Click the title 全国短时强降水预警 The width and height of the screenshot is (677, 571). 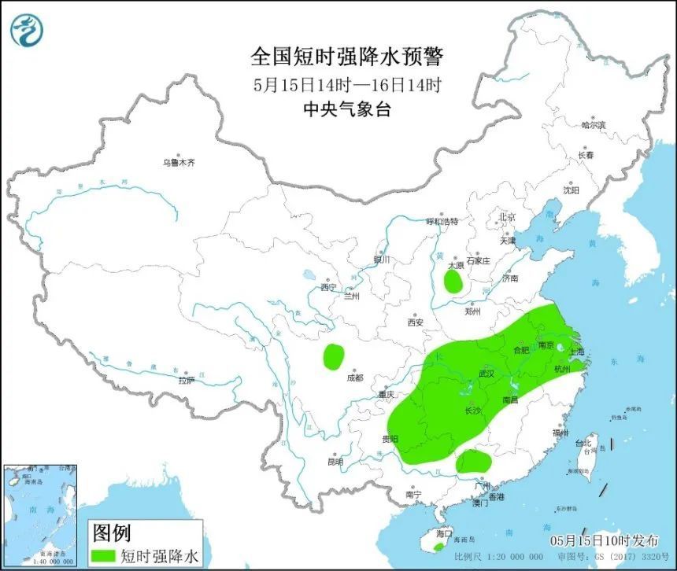coord(346,57)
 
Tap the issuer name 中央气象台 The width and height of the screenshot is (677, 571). coord(346,109)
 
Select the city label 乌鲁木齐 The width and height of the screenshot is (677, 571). coord(179,163)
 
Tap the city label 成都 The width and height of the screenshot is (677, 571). coord(355,378)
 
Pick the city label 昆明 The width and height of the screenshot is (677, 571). coord(335,461)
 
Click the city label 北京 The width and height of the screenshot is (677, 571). coord(506,217)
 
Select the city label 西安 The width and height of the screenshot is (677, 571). coord(416,322)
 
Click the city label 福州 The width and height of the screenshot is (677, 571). coord(560,433)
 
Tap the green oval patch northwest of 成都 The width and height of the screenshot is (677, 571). coord(334,357)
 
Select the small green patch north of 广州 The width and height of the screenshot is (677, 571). coord(472,462)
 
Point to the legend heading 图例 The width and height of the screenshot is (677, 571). coord(112,533)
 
